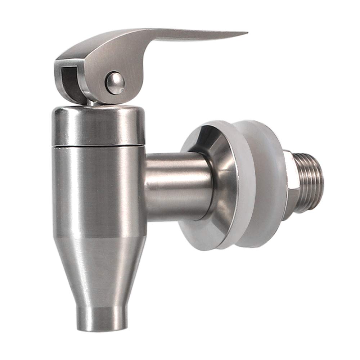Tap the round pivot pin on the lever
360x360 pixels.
(x=115, y=83)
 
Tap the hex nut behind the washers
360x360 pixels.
(x=290, y=184)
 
